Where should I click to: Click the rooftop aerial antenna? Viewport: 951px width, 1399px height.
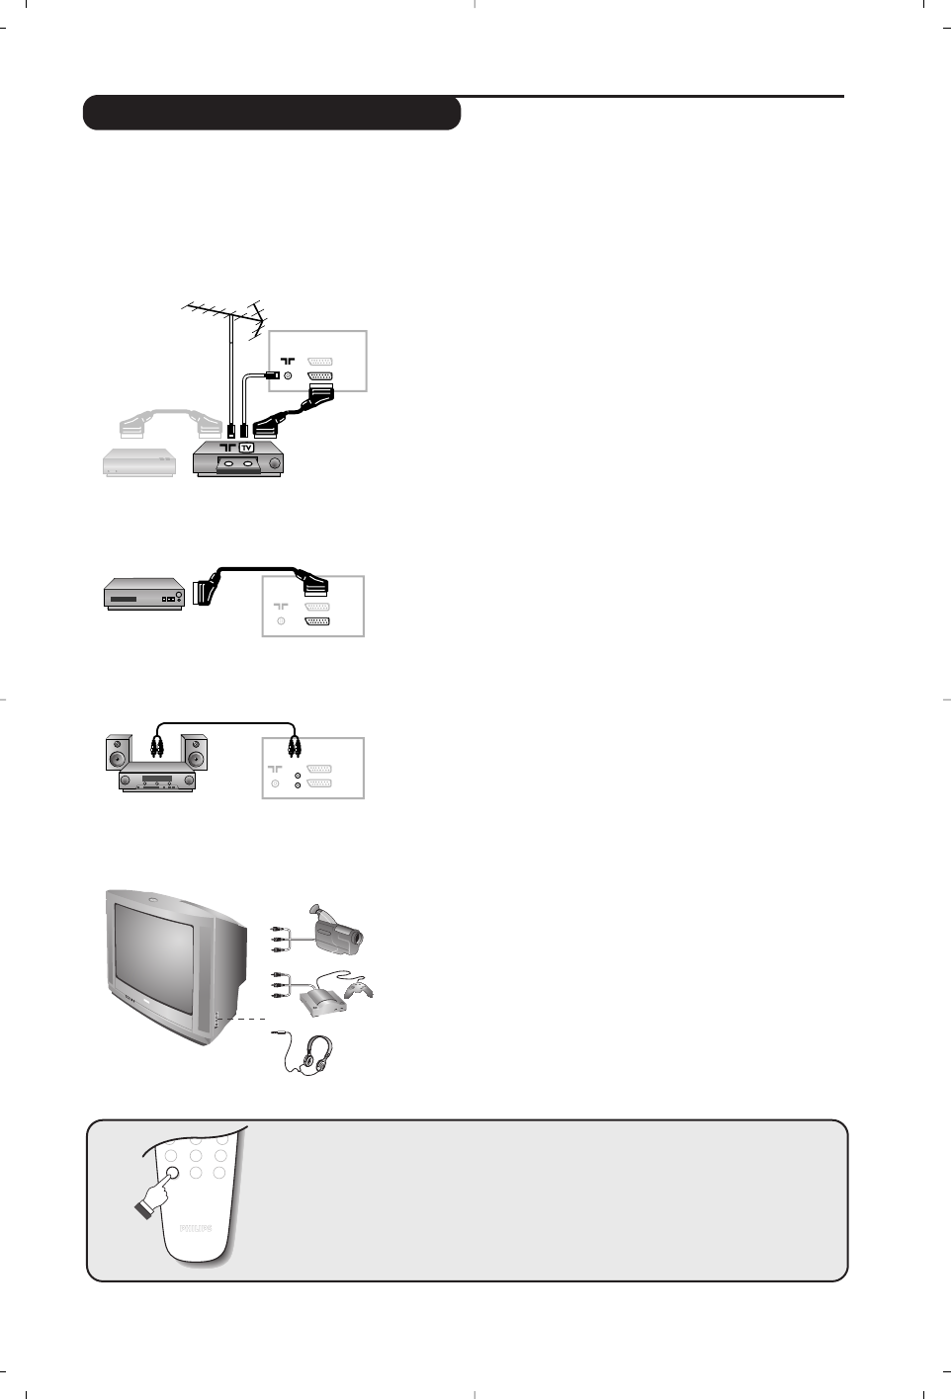click(223, 314)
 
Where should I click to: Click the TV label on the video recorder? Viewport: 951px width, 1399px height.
click(247, 447)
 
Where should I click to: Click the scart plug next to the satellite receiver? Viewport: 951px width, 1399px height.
click(210, 590)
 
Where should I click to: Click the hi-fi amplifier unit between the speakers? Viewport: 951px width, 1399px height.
click(158, 781)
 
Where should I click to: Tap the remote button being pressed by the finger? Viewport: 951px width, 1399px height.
click(172, 1173)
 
